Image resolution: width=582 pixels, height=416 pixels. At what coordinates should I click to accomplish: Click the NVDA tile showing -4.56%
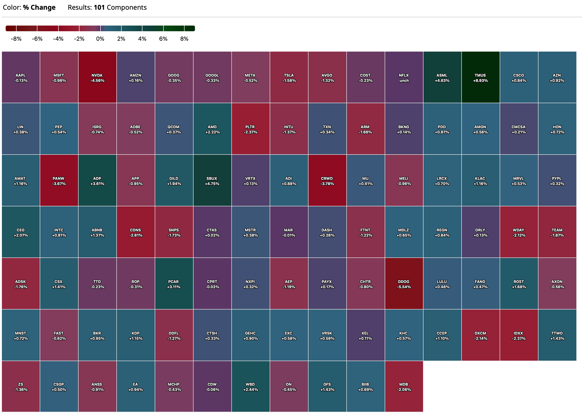tap(97, 77)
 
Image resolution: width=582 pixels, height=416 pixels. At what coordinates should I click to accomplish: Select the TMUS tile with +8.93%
tap(480, 77)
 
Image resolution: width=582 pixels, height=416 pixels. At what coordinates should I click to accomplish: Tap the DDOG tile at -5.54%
tap(404, 284)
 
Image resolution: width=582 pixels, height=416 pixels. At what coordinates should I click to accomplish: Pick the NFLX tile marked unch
tap(404, 77)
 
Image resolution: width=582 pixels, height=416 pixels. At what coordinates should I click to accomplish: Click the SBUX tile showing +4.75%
tap(212, 181)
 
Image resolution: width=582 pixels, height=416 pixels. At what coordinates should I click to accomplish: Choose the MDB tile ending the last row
tap(404, 387)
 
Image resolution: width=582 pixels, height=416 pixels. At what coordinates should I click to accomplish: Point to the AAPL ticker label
tap(21, 75)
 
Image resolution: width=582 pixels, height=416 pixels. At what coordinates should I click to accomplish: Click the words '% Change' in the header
tap(39, 7)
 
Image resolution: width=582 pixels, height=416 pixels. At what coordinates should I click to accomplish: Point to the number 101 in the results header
tap(99, 7)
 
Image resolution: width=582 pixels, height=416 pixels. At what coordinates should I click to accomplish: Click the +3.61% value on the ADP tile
tap(97, 184)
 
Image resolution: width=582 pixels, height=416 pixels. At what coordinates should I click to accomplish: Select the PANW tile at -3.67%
tap(59, 181)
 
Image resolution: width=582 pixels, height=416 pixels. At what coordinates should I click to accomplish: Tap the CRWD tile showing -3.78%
tap(327, 181)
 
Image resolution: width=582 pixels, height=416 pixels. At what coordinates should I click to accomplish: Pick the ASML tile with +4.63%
tap(442, 77)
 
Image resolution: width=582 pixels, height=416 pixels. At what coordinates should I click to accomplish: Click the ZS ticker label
tap(21, 384)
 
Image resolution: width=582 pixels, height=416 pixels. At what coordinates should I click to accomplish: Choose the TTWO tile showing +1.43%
tap(557, 335)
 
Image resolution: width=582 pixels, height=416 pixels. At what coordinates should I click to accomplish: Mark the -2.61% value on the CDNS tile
tap(136, 235)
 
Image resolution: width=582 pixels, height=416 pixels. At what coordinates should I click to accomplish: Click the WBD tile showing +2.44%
tap(250, 387)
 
